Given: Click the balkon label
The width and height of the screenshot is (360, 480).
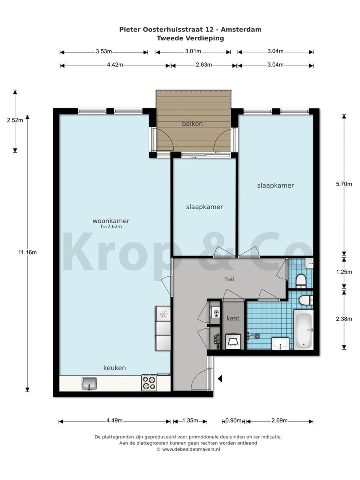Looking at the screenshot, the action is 192,124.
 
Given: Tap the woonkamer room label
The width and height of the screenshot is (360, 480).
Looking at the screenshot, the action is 111,221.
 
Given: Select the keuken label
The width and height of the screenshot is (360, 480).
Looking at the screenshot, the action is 114,368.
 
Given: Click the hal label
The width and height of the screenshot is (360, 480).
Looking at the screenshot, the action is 230,279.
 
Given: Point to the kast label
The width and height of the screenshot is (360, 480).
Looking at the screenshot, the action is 233,318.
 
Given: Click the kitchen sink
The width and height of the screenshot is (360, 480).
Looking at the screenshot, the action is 89,384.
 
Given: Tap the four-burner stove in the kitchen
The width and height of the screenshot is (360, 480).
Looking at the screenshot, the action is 149,383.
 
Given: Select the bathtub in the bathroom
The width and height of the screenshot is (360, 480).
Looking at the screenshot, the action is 303,329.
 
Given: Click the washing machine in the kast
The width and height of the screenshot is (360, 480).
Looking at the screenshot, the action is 233,342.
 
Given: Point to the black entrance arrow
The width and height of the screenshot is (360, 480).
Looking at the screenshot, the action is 220,378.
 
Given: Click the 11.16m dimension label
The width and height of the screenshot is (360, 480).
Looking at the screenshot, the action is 28,252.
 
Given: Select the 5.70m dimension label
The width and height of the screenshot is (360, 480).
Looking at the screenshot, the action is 344,184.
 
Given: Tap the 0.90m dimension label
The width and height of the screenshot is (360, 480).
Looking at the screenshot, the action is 234,420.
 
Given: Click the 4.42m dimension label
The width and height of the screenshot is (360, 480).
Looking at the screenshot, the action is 115,65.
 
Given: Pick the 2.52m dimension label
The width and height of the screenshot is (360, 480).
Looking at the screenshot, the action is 15,120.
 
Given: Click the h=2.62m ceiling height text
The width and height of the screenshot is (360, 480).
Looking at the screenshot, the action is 111,226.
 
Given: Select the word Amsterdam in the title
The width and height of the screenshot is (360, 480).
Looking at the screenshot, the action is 241,30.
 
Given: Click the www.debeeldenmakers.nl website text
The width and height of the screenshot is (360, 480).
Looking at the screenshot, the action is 191,449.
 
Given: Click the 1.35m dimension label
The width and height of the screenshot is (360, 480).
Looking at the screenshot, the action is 190,420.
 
